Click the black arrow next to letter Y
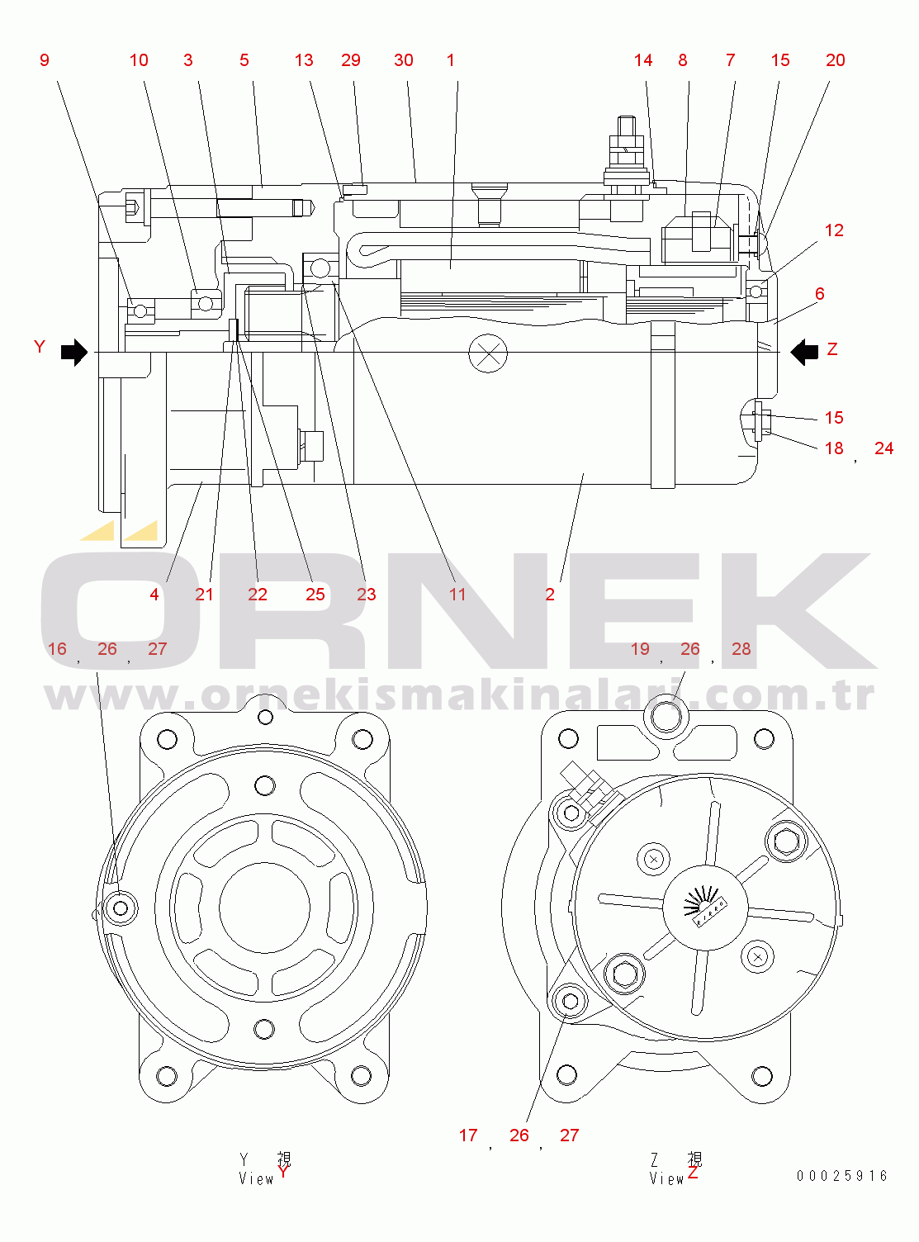[74, 352]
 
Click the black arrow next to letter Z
[803, 352]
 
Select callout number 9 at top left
[45, 60]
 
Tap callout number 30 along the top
[404, 60]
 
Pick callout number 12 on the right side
[834, 230]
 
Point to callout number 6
[819, 294]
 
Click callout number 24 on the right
[883, 448]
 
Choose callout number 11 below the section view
[457, 595]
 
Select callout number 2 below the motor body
[550, 595]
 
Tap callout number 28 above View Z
[741, 649]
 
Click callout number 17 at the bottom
[468, 1135]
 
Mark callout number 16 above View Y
[57, 649]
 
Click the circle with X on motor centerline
[488, 353]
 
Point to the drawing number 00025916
[841, 1176]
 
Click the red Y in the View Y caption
[283, 1172]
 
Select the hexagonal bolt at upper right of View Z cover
[786, 841]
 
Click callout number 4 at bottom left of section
[154, 595]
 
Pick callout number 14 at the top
[643, 60]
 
